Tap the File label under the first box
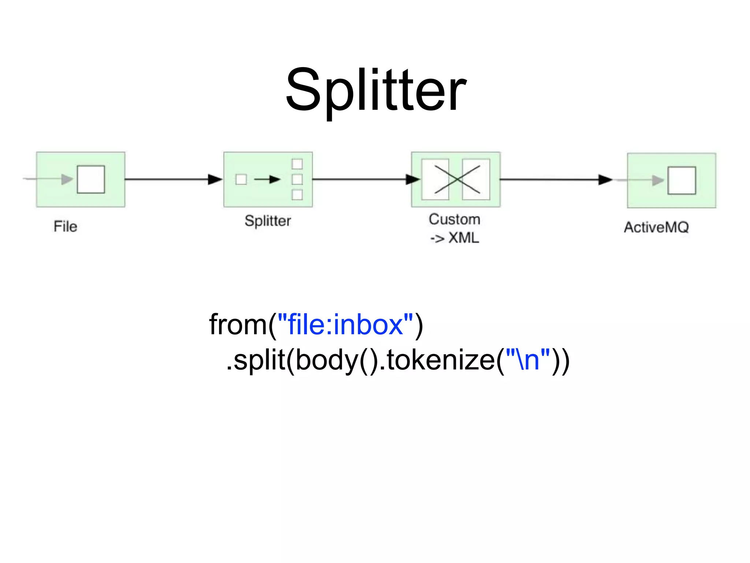click(x=66, y=227)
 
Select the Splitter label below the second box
click(x=268, y=221)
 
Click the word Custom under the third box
click(x=454, y=219)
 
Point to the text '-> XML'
click(x=454, y=238)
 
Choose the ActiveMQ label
click(x=656, y=227)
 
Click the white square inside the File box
click(x=91, y=179)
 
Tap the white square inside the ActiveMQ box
click(x=682, y=180)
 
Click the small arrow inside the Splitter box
click(x=267, y=179)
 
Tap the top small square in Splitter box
click(x=297, y=164)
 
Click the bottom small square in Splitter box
click(x=297, y=195)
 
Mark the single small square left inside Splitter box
click(x=241, y=179)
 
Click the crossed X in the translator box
click(x=457, y=179)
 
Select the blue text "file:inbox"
click(x=345, y=325)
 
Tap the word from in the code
click(x=238, y=325)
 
